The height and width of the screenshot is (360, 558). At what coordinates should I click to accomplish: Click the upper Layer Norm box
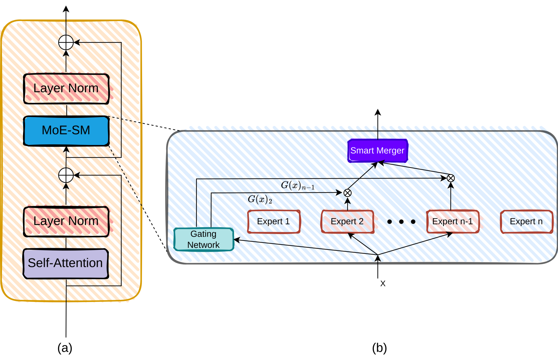tap(66, 88)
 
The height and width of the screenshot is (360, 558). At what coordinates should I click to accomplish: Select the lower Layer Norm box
tap(66, 221)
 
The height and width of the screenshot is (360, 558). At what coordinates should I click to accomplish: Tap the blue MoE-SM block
tap(66, 130)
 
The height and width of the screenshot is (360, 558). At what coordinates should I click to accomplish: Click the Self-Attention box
tap(65, 263)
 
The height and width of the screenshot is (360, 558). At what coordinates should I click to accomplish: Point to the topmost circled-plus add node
tap(66, 43)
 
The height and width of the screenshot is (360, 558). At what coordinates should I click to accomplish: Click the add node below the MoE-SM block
tap(66, 175)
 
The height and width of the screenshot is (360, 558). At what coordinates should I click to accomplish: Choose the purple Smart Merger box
tap(377, 151)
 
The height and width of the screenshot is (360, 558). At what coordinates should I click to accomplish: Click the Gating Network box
tap(204, 239)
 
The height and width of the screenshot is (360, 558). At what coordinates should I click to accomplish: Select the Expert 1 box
tap(274, 221)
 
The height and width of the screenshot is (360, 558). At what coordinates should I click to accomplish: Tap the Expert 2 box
tap(347, 221)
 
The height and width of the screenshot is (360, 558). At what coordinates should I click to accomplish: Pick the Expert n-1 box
tap(453, 221)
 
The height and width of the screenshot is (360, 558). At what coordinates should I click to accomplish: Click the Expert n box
tap(526, 221)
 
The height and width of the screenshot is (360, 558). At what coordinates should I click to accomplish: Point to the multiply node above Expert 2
tap(347, 193)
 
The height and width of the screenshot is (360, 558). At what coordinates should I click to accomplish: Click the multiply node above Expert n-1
tap(451, 178)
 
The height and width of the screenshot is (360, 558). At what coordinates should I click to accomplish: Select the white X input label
tap(383, 283)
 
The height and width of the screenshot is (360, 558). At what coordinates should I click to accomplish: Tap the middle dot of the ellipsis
tap(401, 222)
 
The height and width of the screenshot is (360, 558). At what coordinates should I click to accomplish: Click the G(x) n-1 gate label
tap(298, 186)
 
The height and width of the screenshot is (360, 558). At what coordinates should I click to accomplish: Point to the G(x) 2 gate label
tap(260, 200)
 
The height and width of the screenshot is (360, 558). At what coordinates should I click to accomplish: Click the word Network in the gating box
tap(203, 245)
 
